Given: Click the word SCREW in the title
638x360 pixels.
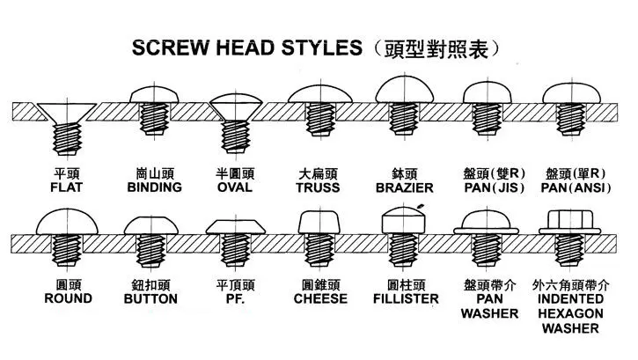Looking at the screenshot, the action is pos(170,48).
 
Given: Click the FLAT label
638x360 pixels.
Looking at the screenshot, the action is pos(66,187).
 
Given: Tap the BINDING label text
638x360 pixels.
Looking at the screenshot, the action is pos(154,187).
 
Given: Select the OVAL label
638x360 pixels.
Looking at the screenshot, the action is pos(235,187).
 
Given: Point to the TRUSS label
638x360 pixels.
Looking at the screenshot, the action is pos(318,188).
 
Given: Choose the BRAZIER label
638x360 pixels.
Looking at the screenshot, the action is pos(405,188).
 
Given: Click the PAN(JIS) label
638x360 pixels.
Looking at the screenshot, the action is pos(495,188).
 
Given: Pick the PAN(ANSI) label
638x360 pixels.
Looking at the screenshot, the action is pos(576,188).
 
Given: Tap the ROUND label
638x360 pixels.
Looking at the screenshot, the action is pos(68,298).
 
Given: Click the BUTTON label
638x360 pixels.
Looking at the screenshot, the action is pos(150,299).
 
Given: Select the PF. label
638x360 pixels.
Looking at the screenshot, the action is pos(235,299).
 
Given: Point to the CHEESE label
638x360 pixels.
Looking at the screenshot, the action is pos(320,299).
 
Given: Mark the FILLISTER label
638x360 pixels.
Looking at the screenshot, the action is pos(406,299).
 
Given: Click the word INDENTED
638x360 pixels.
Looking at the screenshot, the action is pos(570,299).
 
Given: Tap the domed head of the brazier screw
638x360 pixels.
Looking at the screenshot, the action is pos(405,92).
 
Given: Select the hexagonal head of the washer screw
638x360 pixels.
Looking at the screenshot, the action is pos(570,220).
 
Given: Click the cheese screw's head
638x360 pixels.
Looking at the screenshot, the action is pos(319,223).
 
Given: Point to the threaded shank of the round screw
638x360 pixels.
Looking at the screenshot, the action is pos(67,250).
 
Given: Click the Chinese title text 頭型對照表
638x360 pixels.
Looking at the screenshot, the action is pos(436,49).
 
